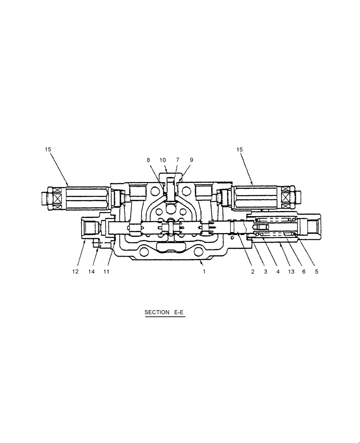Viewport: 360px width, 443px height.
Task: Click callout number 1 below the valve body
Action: [204, 272]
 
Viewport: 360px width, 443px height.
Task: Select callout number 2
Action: [253, 272]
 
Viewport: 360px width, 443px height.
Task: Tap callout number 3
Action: [265, 272]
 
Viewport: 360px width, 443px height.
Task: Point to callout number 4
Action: [278, 272]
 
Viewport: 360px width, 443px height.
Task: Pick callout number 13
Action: [291, 272]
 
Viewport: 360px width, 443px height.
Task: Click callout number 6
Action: [304, 272]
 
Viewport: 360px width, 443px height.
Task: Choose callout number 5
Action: [317, 272]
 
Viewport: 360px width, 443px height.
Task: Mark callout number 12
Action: [75, 272]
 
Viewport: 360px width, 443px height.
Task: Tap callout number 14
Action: [91, 272]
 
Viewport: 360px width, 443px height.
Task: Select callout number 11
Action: [106, 272]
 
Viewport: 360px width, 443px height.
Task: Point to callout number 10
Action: [163, 160]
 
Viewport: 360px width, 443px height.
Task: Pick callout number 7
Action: [177, 160]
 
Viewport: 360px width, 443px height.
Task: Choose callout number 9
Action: [191, 160]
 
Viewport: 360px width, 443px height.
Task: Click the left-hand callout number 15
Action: [48, 150]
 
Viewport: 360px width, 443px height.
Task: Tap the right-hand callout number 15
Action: [239, 150]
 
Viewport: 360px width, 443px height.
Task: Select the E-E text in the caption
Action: [178, 312]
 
